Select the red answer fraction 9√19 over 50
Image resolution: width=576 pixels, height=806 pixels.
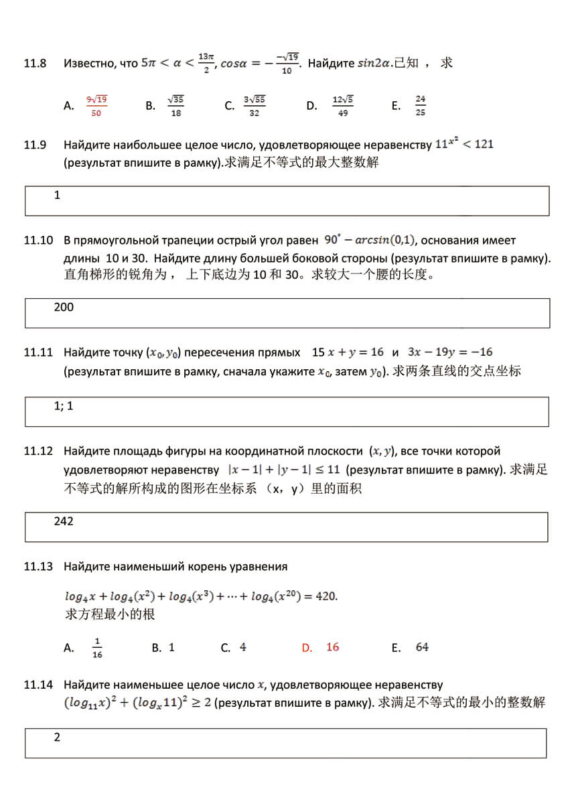pyautogui.click(x=96, y=106)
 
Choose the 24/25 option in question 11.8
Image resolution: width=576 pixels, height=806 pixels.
pyautogui.click(x=420, y=106)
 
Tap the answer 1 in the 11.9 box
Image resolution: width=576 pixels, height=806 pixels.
pyautogui.click(x=57, y=196)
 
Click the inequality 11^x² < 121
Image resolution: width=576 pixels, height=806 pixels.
pyautogui.click(x=464, y=143)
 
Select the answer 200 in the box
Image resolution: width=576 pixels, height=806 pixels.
pyautogui.click(x=64, y=308)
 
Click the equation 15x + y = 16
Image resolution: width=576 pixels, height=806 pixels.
pyautogui.click(x=348, y=352)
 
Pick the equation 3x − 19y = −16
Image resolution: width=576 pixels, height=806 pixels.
pyautogui.click(x=449, y=352)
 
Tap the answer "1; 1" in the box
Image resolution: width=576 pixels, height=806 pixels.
pyautogui.click(x=64, y=406)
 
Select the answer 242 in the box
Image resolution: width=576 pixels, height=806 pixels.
pyautogui.click(x=64, y=521)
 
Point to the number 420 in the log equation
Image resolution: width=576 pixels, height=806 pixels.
pyautogui.click(x=326, y=596)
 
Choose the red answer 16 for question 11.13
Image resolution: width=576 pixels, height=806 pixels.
pyautogui.click(x=332, y=647)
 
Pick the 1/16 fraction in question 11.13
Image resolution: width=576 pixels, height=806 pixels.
pyautogui.click(x=97, y=648)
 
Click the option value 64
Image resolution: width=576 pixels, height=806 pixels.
pyautogui.click(x=422, y=647)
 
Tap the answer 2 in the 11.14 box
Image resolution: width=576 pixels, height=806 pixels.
pyautogui.click(x=57, y=738)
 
